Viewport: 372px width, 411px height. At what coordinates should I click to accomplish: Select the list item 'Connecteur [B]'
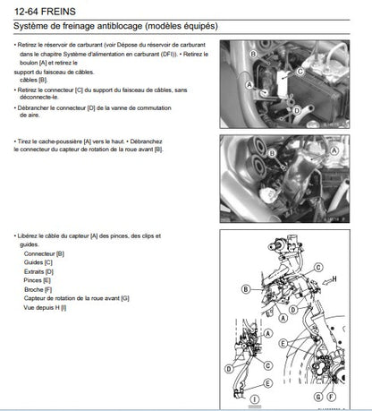[44, 254]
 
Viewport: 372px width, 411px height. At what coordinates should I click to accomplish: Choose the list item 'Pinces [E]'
[38, 280]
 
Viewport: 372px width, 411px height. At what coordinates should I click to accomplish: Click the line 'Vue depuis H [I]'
[52, 307]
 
